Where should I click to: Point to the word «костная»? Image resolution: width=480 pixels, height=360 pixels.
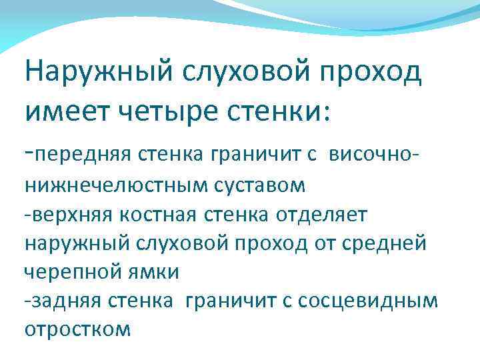click(x=149, y=215)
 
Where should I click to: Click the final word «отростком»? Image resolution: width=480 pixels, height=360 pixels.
click(x=77, y=330)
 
